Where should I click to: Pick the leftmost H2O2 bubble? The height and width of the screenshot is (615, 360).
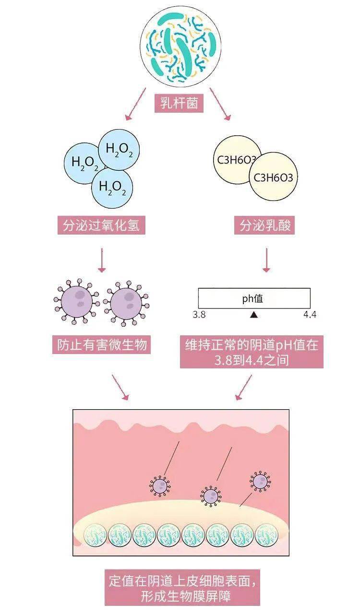[x=85, y=163]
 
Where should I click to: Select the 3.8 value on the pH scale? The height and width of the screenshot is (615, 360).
[x=199, y=315]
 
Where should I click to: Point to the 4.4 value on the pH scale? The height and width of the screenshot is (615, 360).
[x=310, y=315]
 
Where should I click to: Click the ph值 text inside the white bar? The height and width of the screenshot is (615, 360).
[x=252, y=298]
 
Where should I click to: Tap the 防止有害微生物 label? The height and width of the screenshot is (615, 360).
[x=101, y=344]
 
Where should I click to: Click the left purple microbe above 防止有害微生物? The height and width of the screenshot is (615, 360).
[x=77, y=301]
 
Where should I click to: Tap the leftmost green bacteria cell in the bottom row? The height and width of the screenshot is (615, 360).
[x=95, y=535]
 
